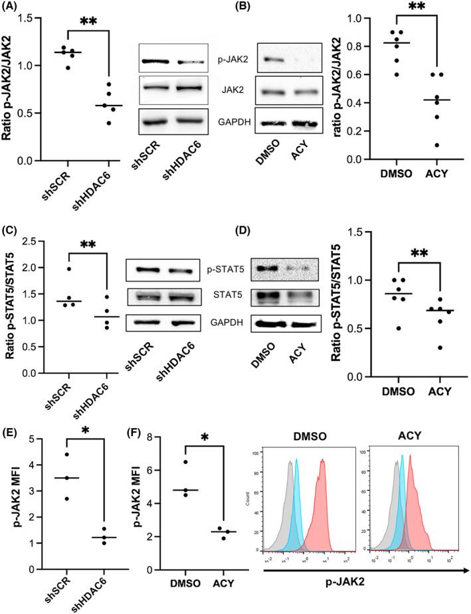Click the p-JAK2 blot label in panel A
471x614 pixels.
tap(211, 60)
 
